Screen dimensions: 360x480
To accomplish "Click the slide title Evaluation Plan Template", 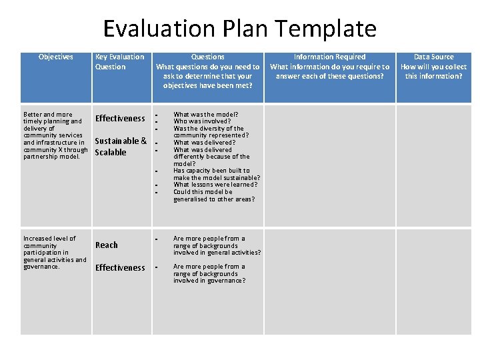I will pyautogui.click(x=239, y=29).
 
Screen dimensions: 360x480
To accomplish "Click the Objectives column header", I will pyautogui.click(x=56, y=57).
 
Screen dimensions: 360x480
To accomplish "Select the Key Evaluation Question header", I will pyautogui.click(x=120, y=62).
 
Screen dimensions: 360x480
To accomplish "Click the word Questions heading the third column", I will pyautogui.click(x=208, y=57).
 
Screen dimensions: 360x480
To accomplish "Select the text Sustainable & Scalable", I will pyautogui.click(x=121, y=147).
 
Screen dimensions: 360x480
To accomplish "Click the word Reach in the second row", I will pyautogui.click(x=107, y=245).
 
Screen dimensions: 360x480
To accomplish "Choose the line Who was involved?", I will pyautogui.click(x=202, y=121).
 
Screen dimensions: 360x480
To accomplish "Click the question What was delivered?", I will pyautogui.click(x=204, y=143).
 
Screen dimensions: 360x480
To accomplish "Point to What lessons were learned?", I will pyautogui.click(x=215, y=185).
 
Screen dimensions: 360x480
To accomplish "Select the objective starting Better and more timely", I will pyautogui.click(x=55, y=135).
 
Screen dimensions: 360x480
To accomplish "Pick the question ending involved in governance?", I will pyautogui.click(x=209, y=273).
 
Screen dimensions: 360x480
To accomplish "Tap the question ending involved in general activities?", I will pyautogui.click(x=217, y=245).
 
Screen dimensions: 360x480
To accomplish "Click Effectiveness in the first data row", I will pyautogui.click(x=120, y=119).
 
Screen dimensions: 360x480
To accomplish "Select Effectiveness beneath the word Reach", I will pyautogui.click(x=120, y=268).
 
